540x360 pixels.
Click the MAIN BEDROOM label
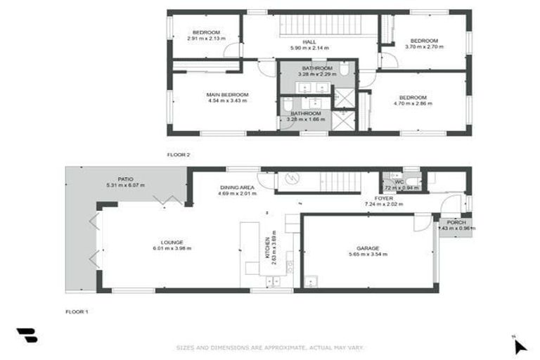click(x=227, y=94)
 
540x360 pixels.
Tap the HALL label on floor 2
click(x=309, y=41)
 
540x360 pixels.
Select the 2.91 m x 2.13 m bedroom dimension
click(x=206, y=39)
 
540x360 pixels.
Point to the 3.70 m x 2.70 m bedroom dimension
click(x=424, y=46)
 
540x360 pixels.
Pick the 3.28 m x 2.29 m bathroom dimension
click(x=312, y=75)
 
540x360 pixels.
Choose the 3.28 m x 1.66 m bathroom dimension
click(x=302, y=120)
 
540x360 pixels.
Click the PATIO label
click(x=125, y=179)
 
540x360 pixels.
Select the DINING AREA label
click(x=237, y=187)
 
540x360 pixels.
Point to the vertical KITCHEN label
click(x=267, y=247)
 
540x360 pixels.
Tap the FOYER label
click(x=383, y=198)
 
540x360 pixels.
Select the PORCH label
click(x=456, y=222)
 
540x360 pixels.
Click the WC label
click(x=399, y=183)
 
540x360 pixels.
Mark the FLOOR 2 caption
click(x=179, y=154)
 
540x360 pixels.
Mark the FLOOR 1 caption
click(x=77, y=311)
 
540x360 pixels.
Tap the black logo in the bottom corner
click(x=27, y=336)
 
